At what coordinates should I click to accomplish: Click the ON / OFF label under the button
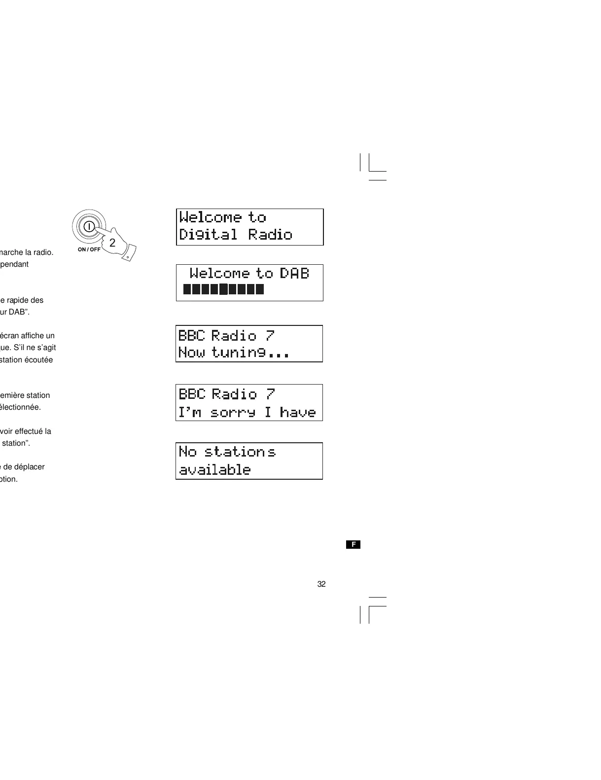click(x=89, y=249)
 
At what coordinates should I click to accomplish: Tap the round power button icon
click(x=89, y=226)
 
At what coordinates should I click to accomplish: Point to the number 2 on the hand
click(x=112, y=243)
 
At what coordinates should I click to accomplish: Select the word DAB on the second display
click(x=294, y=273)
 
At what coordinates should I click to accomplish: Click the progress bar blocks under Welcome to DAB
click(x=223, y=289)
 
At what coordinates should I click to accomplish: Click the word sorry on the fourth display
click(x=233, y=412)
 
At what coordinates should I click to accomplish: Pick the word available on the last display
click(x=215, y=469)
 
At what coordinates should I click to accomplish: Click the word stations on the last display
click(x=240, y=452)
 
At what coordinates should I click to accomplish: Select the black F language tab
click(x=353, y=544)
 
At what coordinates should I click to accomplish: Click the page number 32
click(x=321, y=584)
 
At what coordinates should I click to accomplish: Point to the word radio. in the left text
click(x=43, y=252)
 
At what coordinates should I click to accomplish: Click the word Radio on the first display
click(x=270, y=234)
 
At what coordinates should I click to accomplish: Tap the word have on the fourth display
click(x=297, y=412)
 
